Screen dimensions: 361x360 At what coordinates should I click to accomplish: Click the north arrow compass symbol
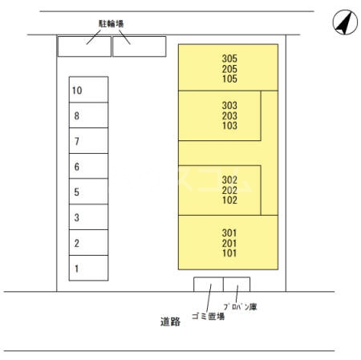[x=345, y=22]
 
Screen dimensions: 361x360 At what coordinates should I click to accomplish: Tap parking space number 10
[x=88, y=90]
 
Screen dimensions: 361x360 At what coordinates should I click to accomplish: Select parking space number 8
[x=88, y=115]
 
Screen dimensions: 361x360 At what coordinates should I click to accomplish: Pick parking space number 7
[x=88, y=140]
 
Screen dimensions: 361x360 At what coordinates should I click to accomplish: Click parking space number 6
[x=88, y=166]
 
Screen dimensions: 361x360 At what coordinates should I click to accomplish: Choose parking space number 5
[x=88, y=192]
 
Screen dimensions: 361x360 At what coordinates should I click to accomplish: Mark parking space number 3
[x=88, y=217]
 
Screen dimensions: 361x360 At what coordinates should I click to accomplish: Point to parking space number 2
[x=88, y=243]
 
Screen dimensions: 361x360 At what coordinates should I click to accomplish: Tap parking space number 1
[x=88, y=268]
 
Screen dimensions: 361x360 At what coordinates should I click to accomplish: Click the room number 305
[x=229, y=59]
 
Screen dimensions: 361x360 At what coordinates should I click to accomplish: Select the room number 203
[x=229, y=115]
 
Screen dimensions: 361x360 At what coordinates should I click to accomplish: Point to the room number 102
[x=229, y=200]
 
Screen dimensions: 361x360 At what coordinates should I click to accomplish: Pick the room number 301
[x=229, y=233]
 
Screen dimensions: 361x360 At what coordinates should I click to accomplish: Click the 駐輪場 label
[x=112, y=24]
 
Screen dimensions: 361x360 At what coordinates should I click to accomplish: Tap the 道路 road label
[x=170, y=322]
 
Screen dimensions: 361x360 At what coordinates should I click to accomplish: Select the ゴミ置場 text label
[x=208, y=317]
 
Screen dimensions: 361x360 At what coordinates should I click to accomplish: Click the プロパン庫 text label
[x=240, y=306]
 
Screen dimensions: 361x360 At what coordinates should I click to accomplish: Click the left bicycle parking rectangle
[x=84, y=47]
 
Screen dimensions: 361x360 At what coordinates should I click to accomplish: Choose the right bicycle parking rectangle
[x=140, y=47]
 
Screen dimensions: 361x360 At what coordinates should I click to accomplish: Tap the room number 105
[x=229, y=79]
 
